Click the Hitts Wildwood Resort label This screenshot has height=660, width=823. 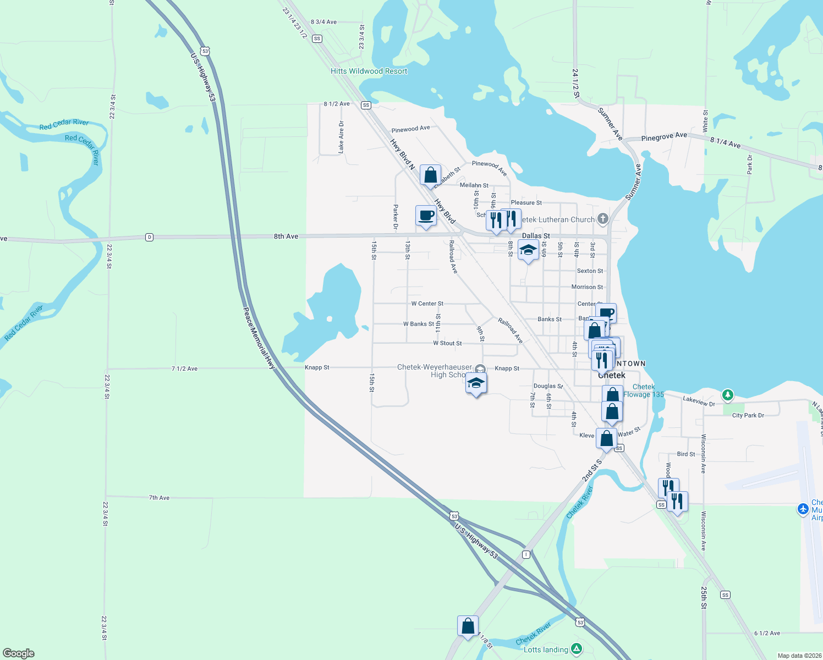coord(369,71)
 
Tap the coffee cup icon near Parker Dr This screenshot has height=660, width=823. coord(426,215)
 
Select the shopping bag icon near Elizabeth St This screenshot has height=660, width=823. coord(430,175)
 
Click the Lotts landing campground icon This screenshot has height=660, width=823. coord(576,649)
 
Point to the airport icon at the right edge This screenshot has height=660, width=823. coord(803,509)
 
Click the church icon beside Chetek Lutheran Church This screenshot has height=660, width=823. coord(603,219)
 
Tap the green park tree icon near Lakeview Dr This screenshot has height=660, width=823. coord(727,394)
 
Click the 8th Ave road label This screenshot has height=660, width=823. coord(286,237)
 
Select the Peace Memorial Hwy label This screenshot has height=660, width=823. coord(259,338)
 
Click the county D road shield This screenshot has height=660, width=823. coord(149,237)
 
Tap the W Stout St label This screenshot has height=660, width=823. coord(447,343)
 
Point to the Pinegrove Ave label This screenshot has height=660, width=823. coord(664,136)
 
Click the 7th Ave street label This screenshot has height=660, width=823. coord(159,498)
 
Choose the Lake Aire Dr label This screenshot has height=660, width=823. coord(341,137)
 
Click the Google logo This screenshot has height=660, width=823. coord(19,653)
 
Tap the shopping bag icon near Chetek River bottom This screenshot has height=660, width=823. coord(468,626)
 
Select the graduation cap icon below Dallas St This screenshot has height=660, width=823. coord(528,250)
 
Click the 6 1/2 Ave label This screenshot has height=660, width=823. coord(767,633)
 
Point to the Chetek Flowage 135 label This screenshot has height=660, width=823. coord(644,391)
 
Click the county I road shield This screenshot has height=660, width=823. coord(526,554)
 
